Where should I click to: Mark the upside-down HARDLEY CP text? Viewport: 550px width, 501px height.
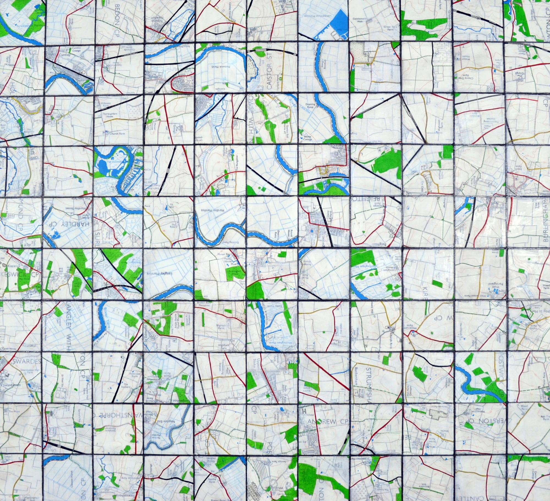pos(69,223)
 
